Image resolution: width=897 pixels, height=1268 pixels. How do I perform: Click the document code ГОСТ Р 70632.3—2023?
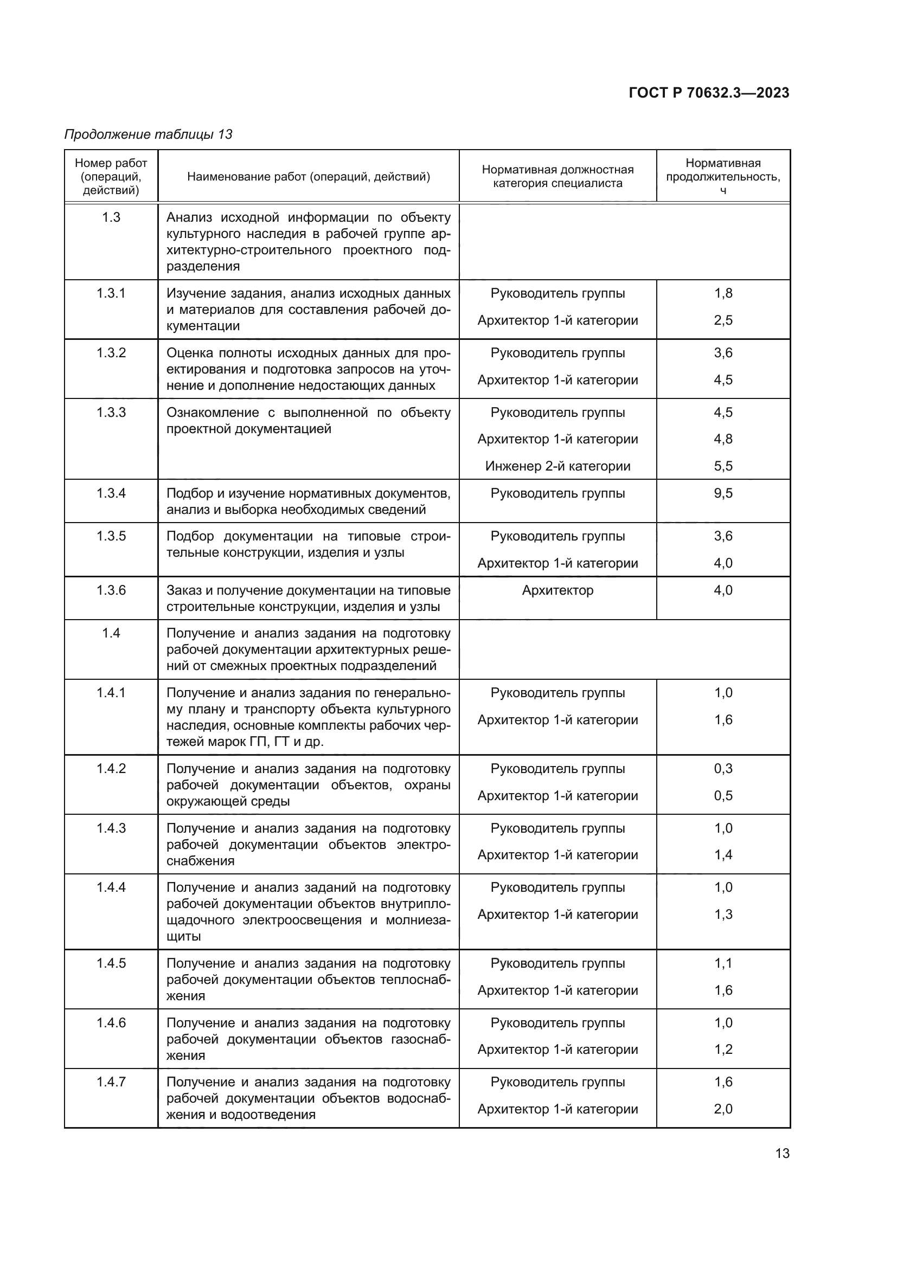pos(709,93)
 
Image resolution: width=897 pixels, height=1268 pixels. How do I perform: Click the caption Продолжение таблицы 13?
pos(148,134)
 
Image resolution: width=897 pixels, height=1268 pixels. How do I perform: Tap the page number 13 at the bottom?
pos(782,1153)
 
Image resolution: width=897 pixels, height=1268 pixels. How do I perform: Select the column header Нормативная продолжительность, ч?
pos(722,176)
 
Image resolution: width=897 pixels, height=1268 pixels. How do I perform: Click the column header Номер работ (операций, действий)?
pos(111,176)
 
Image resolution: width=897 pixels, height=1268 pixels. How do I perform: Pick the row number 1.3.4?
pos(111,493)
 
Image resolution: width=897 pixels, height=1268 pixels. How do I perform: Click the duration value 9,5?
pos(723,493)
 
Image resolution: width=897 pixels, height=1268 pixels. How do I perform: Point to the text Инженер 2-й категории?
pos(558,466)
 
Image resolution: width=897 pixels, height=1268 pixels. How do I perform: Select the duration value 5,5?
pos(723,466)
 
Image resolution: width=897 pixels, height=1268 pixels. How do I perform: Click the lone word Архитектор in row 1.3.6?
pos(558,590)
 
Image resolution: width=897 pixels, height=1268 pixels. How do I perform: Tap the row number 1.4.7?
pos(111,1082)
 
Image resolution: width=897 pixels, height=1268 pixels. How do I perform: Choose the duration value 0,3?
pos(723,769)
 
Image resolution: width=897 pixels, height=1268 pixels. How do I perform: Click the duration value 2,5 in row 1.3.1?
pos(723,320)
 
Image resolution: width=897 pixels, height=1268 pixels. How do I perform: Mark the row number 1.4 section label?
pos(111,633)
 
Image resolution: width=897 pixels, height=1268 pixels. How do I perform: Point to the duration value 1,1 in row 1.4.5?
pos(723,963)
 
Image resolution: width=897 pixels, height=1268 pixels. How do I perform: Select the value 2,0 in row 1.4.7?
pos(723,1109)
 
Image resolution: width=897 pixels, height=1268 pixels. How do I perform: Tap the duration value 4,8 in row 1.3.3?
pos(723,439)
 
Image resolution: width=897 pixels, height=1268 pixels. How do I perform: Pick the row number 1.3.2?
pos(111,353)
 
